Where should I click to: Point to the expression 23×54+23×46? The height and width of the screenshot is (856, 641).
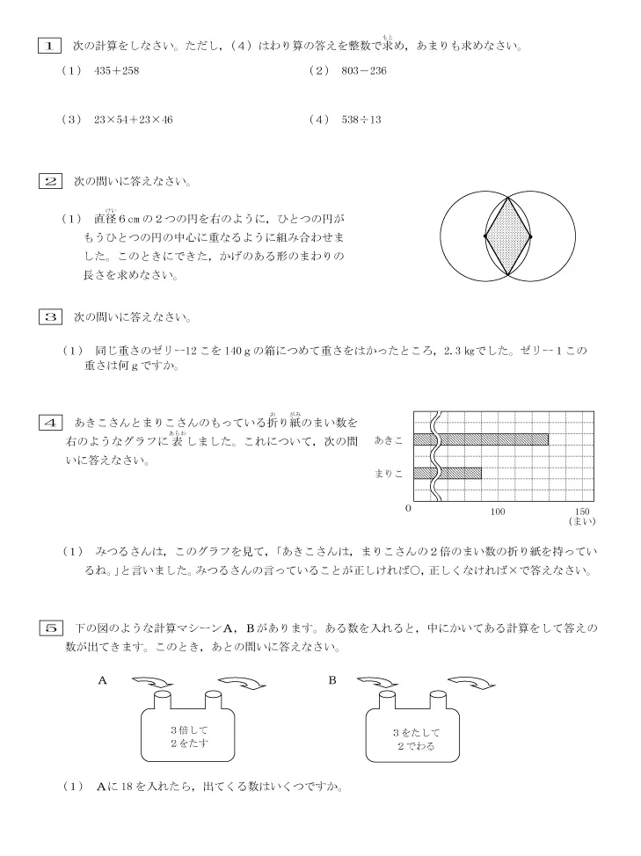point(132,120)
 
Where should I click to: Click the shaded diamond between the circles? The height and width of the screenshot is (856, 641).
point(508,236)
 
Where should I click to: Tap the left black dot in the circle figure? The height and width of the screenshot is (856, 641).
point(486,236)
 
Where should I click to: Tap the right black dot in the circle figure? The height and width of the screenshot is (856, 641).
point(530,236)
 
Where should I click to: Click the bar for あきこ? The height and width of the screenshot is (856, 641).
point(492,439)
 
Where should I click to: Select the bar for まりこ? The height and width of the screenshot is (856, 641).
point(459,473)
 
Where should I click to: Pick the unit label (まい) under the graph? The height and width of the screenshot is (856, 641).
point(581,522)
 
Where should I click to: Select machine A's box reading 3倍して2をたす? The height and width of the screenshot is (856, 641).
point(191,736)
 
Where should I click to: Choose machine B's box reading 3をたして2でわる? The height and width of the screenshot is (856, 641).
point(415,738)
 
